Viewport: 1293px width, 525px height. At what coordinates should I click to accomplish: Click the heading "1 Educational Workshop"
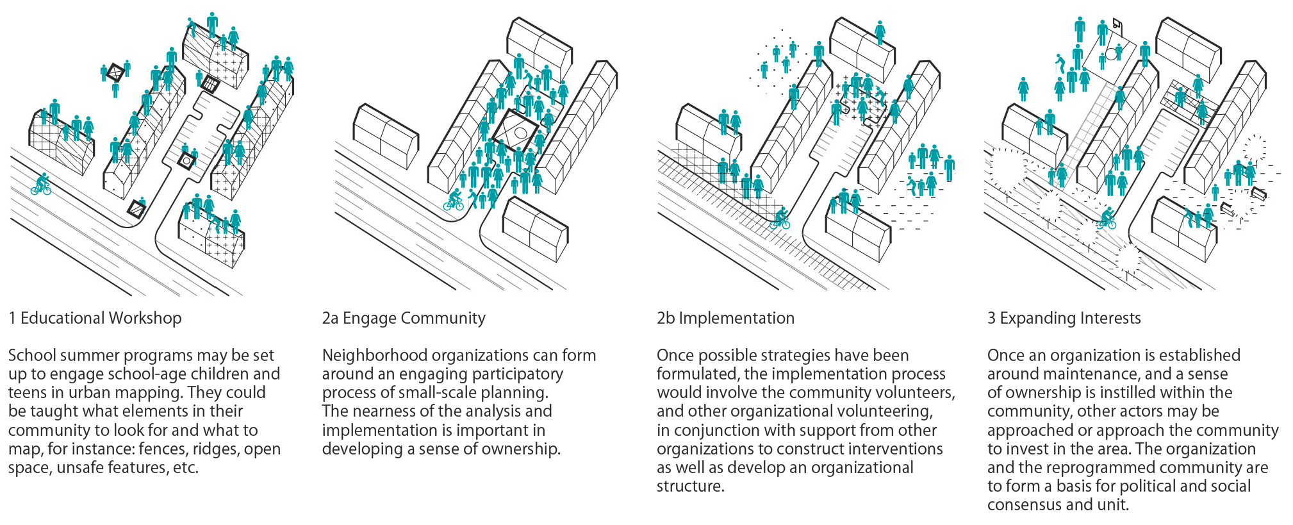point(95,318)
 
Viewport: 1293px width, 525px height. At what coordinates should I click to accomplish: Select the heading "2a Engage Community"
point(404,318)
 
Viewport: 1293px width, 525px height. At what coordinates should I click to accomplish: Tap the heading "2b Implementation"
point(725,318)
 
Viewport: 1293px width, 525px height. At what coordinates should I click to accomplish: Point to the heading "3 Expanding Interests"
point(1064,318)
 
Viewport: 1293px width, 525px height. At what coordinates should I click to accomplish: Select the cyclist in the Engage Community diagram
point(454,200)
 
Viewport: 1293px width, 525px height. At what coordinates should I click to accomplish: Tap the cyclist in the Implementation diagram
point(780,219)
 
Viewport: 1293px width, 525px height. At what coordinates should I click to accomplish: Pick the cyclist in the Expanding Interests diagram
point(1107,219)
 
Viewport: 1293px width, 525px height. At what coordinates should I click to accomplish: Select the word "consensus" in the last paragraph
point(1025,505)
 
